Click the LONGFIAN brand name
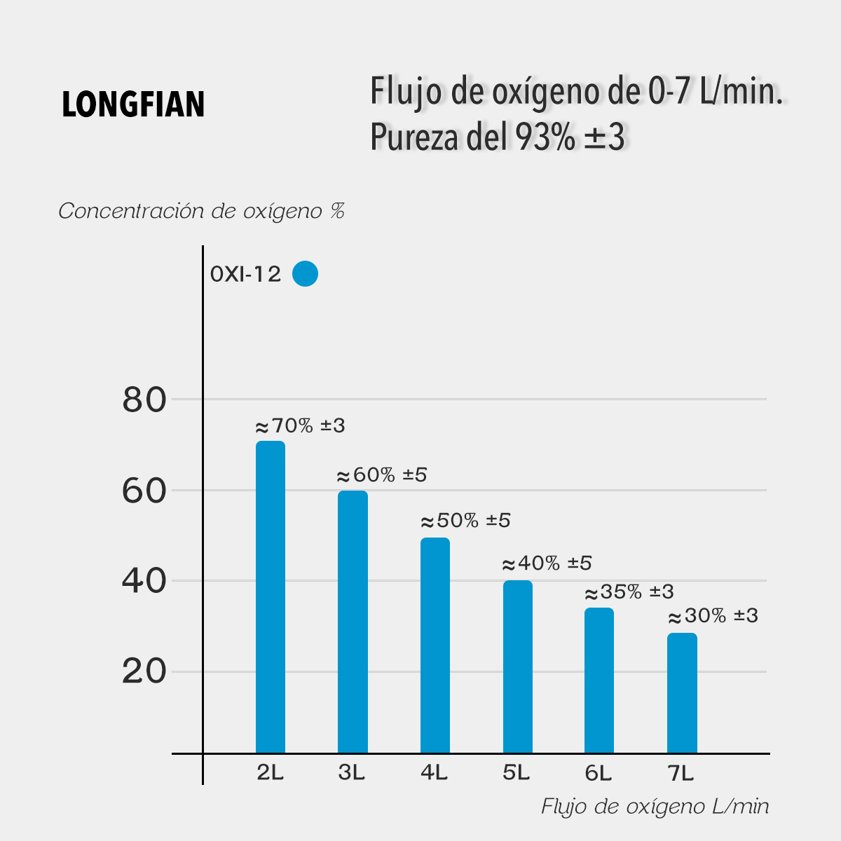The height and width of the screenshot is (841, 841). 133,105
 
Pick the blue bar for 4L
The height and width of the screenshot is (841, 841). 435,645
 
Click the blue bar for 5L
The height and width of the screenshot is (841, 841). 517,666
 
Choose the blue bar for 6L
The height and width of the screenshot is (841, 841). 599,681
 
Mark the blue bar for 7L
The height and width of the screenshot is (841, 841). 682,693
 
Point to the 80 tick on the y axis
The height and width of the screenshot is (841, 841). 144,400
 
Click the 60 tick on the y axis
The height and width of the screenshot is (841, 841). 144,491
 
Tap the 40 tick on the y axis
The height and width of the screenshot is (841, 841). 144,581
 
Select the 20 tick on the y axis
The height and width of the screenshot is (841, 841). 144,671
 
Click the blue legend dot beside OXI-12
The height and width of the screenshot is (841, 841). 305,273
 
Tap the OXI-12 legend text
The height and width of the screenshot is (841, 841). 245,274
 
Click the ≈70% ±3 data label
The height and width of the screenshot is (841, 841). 300,426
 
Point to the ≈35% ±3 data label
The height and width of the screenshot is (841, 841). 629,592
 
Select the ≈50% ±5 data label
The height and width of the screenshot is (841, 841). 465,521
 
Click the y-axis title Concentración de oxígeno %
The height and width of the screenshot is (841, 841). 202,211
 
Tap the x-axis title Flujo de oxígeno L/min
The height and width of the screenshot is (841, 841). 655,807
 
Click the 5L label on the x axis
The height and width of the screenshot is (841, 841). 516,773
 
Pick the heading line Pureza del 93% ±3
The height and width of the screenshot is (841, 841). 497,137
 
